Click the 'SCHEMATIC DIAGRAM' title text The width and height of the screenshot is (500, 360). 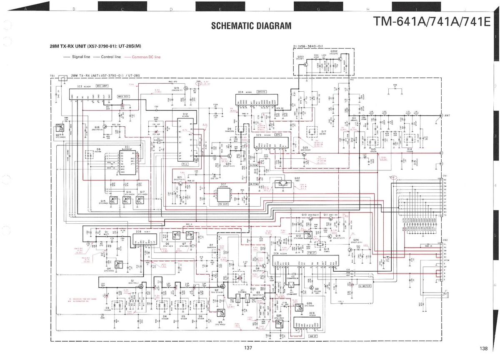coord(251,26)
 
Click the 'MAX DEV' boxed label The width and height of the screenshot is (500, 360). coord(123,96)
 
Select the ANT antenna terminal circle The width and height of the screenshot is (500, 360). coord(441,115)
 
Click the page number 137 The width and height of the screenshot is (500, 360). coord(249,348)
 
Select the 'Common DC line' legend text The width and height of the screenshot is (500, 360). coord(146,57)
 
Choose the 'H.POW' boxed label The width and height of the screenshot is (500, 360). coord(254,165)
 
